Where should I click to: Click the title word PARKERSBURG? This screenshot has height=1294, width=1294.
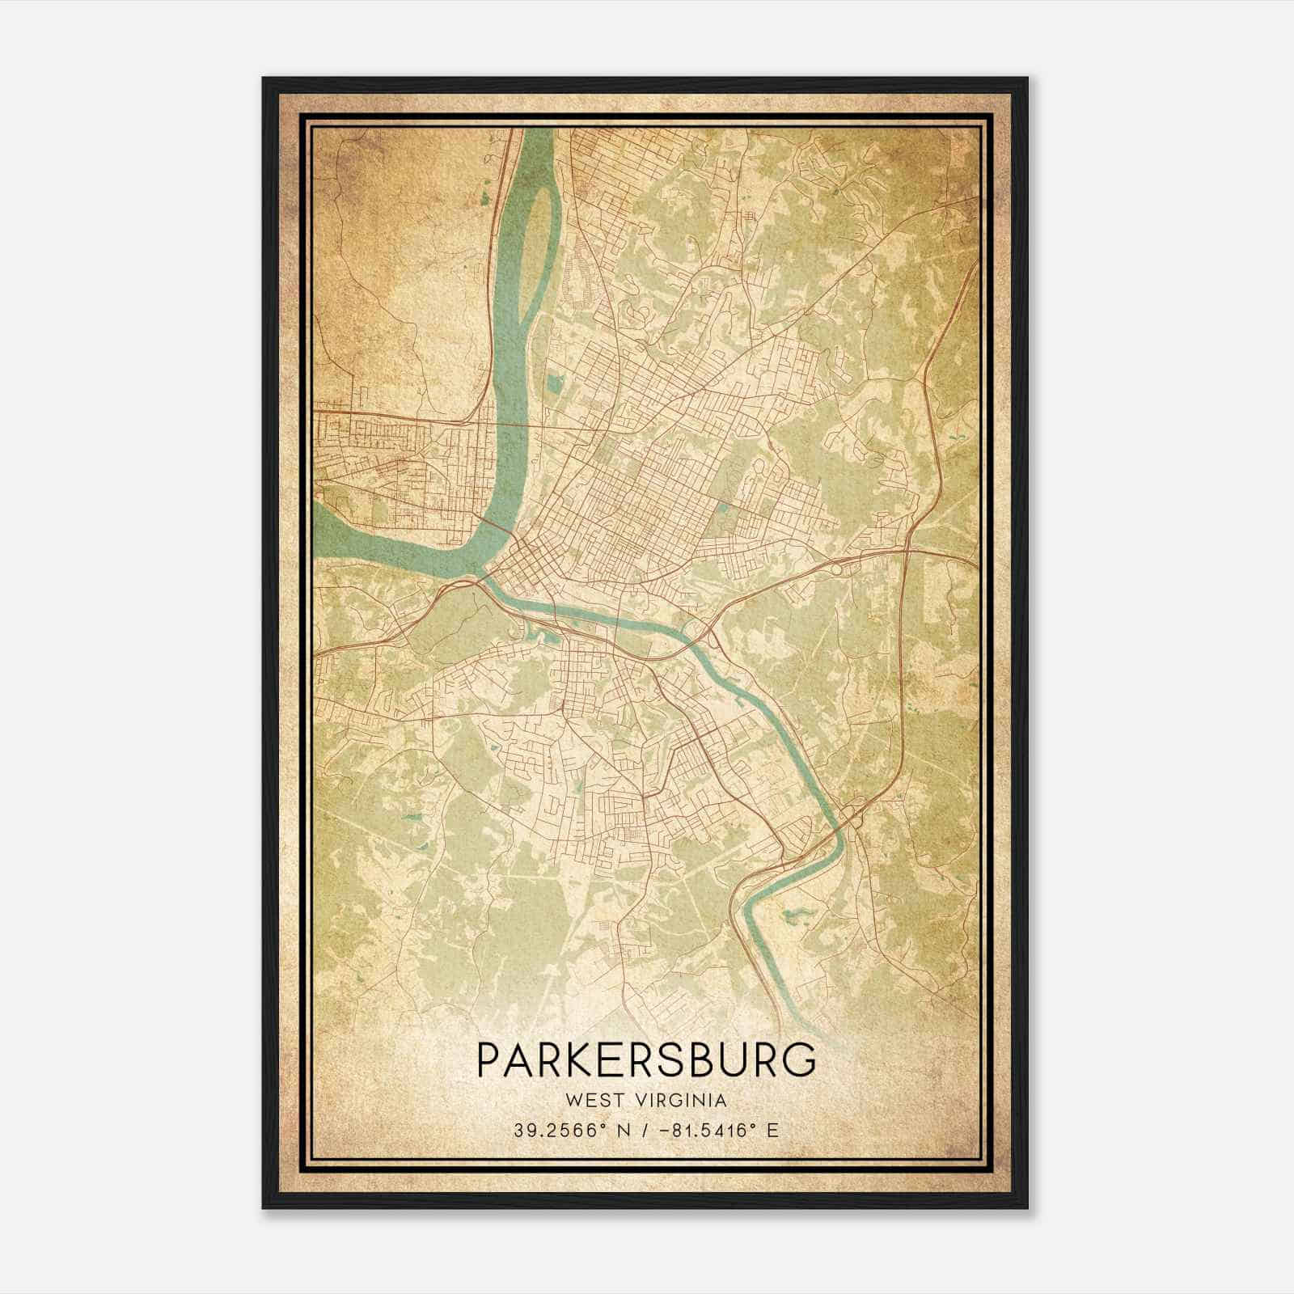click(646, 1060)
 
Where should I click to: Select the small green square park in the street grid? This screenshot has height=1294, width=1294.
click(723, 510)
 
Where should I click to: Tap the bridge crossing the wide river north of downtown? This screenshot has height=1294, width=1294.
click(518, 423)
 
